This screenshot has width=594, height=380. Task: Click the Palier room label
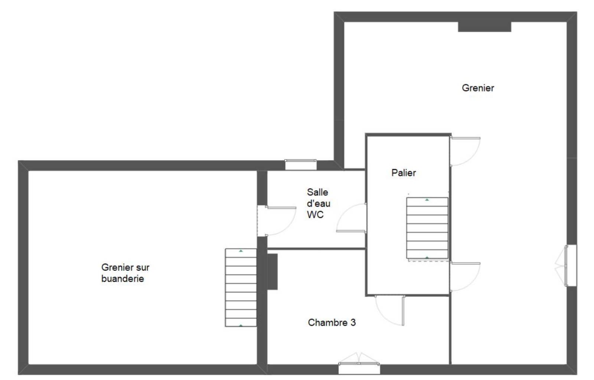click(x=403, y=173)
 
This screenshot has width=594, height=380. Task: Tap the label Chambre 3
click(x=332, y=322)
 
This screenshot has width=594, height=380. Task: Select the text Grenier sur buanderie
click(x=125, y=273)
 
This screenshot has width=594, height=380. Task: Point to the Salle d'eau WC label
click(x=319, y=203)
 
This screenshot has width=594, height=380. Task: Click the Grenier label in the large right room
click(x=478, y=88)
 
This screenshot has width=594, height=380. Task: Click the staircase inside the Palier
click(x=427, y=228)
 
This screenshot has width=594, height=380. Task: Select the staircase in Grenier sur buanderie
click(x=241, y=288)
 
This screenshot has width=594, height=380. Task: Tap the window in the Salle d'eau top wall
click(x=300, y=164)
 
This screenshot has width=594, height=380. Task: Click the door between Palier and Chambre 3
click(x=389, y=310)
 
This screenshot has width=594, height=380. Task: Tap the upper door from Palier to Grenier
click(x=465, y=151)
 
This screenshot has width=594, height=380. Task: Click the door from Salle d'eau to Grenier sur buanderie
click(x=277, y=221)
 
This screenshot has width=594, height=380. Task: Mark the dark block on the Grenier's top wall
click(x=484, y=27)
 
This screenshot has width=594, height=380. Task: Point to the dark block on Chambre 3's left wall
click(x=272, y=272)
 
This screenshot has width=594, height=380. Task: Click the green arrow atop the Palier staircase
click(x=427, y=200)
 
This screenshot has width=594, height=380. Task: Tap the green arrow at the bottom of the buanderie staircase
click(x=241, y=325)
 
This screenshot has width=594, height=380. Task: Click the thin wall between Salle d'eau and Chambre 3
click(x=316, y=249)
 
